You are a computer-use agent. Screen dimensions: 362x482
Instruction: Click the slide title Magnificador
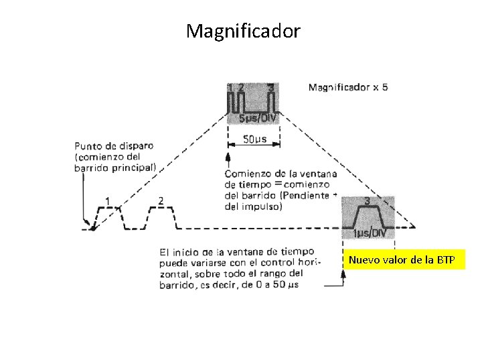(x=244, y=31)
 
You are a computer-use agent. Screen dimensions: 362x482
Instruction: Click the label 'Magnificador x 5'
(x=347, y=87)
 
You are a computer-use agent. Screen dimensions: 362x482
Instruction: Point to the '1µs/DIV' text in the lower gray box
(x=369, y=233)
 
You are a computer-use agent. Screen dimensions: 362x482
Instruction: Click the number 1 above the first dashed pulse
(x=108, y=200)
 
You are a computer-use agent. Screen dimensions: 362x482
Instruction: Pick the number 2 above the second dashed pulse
(x=161, y=200)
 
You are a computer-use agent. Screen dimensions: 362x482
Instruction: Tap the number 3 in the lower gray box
(x=368, y=200)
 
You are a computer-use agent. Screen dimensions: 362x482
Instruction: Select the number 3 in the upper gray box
(x=270, y=86)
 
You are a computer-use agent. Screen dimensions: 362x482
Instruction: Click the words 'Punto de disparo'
(x=114, y=145)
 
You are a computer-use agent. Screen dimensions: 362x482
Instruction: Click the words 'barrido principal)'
(x=115, y=168)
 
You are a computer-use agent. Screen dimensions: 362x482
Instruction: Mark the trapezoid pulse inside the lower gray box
(x=368, y=216)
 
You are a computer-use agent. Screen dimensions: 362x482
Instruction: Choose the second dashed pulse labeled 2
(x=161, y=217)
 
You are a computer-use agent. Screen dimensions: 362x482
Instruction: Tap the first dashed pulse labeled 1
(x=108, y=217)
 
